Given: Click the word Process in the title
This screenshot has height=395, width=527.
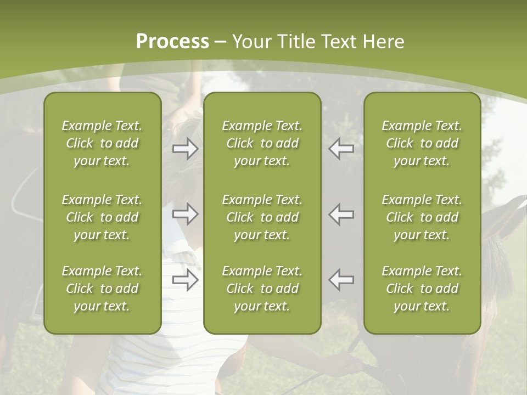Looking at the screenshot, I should [x=172, y=42].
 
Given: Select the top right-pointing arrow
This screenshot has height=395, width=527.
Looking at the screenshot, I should [x=186, y=149].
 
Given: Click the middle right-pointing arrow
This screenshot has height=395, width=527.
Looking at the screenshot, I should [x=186, y=214].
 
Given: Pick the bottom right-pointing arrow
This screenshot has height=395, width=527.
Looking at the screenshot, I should [x=186, y=279].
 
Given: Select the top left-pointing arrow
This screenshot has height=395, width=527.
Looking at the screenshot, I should [x=341, y=149].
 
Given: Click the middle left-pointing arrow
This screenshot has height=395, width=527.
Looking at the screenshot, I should [x=341, y=214].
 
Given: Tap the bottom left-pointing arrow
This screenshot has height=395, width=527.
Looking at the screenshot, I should [x=341, y=279].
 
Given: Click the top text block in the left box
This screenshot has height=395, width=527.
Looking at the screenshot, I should [x=102, y=143].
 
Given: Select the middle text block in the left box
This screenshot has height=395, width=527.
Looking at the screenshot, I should [x=102, y=217].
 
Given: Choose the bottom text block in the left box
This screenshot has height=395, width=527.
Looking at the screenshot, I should [x=102, y=289].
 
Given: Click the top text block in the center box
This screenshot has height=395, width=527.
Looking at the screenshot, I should [x=262, y=143].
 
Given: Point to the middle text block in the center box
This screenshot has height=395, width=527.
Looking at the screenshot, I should [x=262, y=217].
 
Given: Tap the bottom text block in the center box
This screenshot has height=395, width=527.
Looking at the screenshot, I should [x=262, y=289].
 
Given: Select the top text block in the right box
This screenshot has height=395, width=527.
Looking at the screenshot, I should [x=422, y=143].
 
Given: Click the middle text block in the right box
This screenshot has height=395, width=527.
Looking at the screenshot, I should [x=422, y=217].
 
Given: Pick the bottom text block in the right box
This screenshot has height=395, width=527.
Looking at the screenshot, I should [x=422, y=289].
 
